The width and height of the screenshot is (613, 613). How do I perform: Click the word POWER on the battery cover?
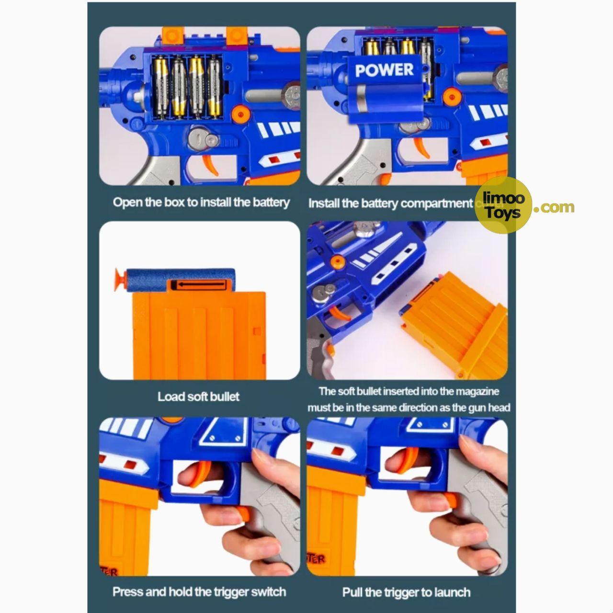[384, 70]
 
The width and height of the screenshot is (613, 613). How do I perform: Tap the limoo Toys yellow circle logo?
[502, 205]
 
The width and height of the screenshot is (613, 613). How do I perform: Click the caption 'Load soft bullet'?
[198, 397]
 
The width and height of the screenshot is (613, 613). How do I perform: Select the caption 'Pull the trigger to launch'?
[406, 592]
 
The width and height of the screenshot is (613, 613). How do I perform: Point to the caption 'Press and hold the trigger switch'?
[199, 592]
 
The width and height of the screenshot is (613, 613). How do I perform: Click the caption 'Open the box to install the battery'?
[201, 202]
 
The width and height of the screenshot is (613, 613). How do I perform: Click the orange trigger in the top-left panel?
[209, 167]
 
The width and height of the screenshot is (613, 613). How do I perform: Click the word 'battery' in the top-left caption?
[271, 202]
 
